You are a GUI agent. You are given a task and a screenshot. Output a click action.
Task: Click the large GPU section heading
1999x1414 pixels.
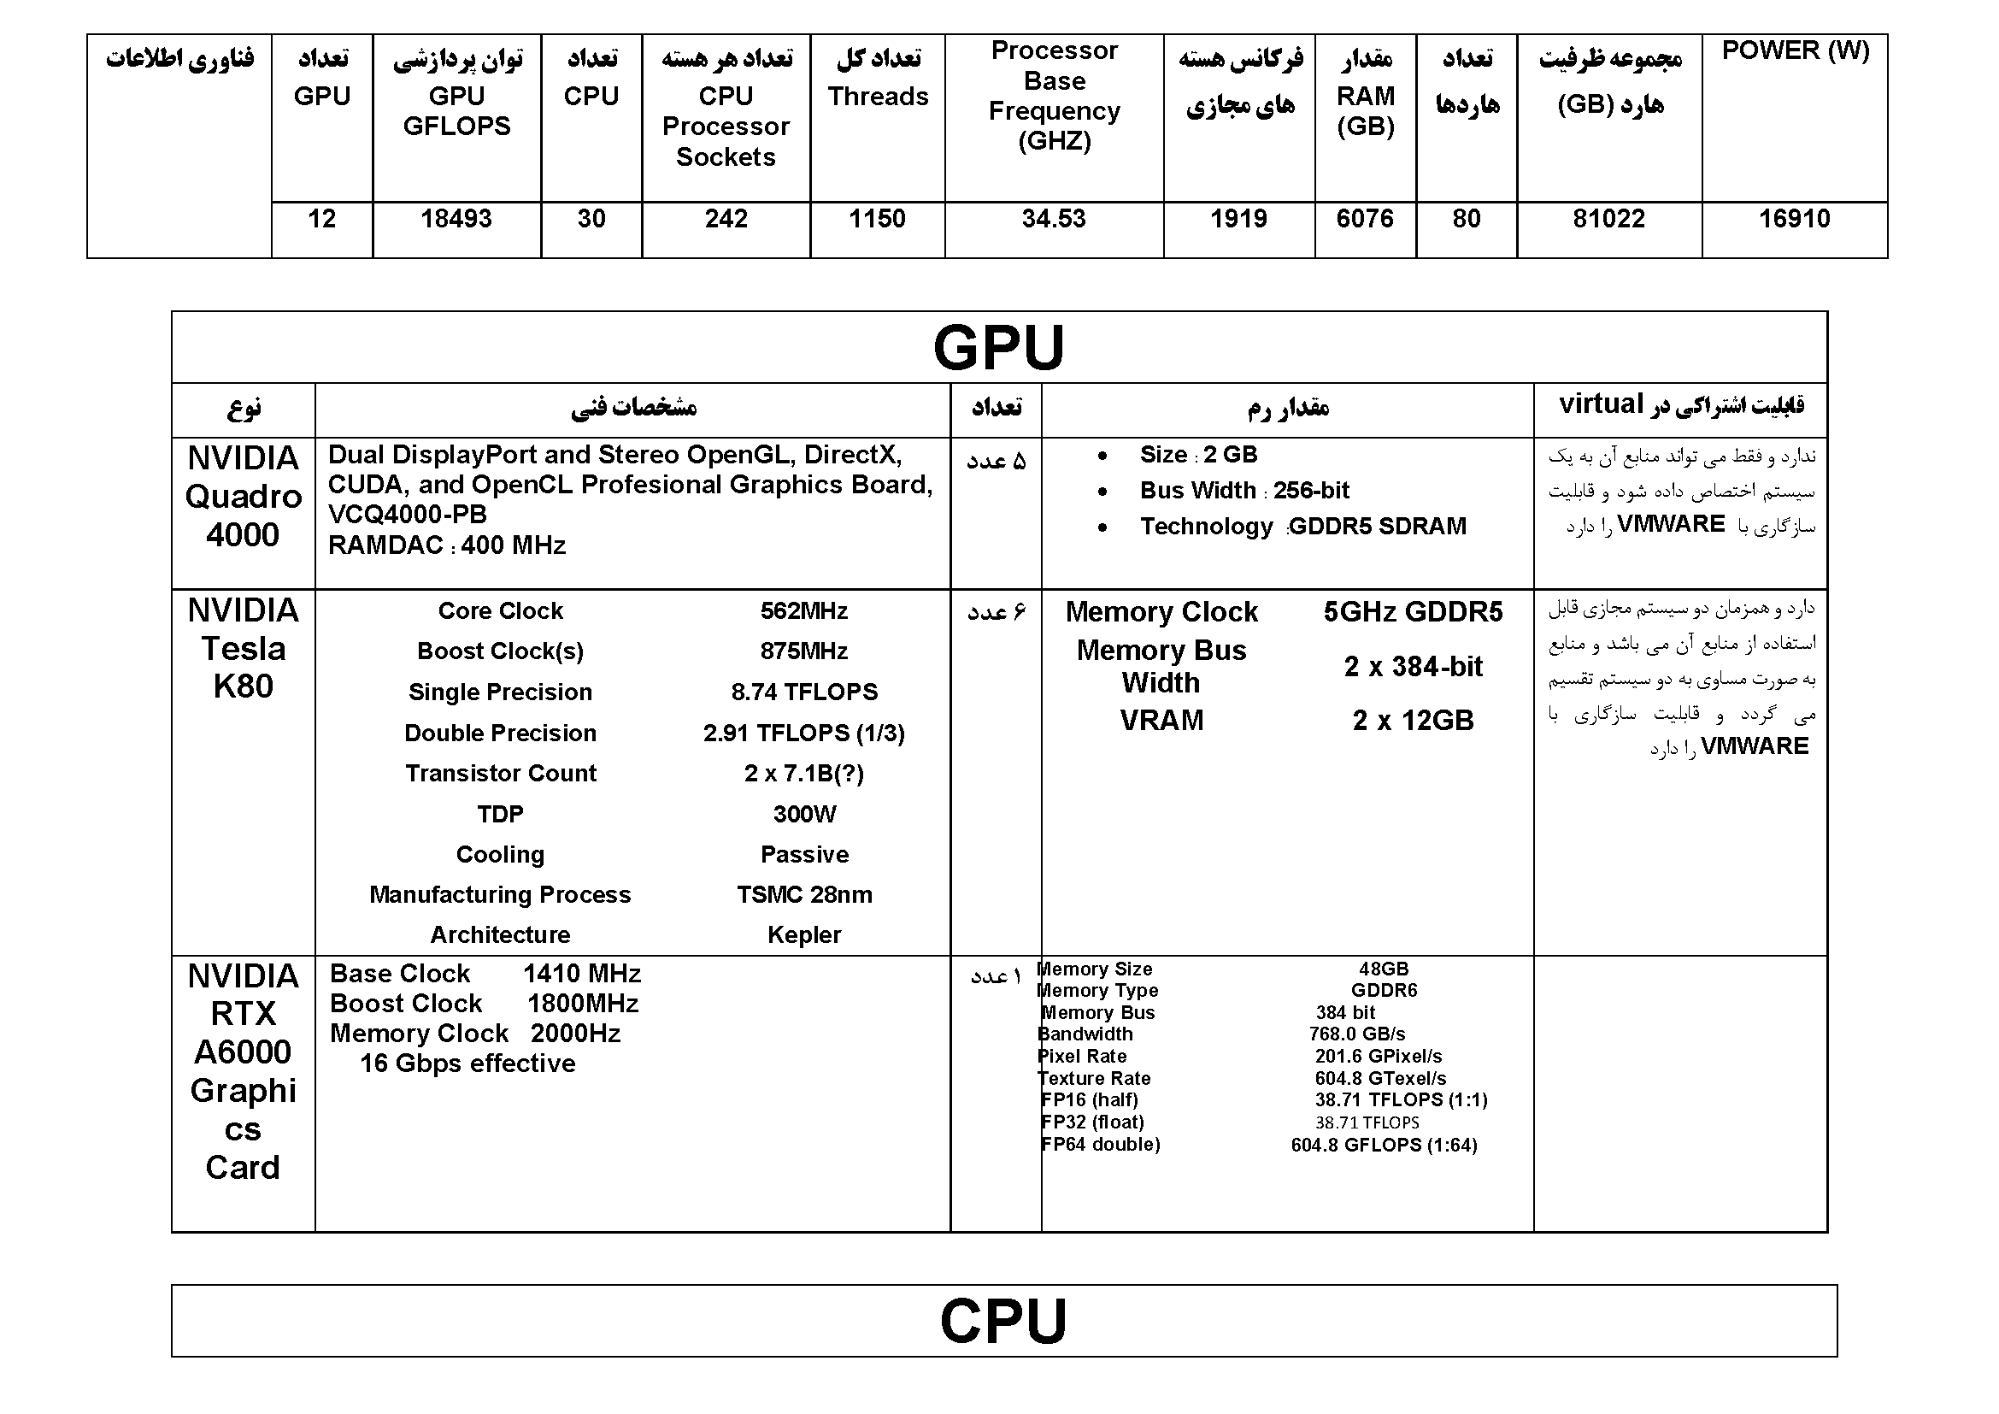pyautogui.click(x=998, y=347)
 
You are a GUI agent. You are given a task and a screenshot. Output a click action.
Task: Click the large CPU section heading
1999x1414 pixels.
pyautogui.click(x=1003, y=1321)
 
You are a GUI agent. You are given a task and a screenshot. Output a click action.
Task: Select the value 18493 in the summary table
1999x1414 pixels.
pyautogui.click(x=456, y=219)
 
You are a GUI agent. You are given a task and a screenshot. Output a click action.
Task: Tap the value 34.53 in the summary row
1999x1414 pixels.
pyautogui.click(x=1054, y=219)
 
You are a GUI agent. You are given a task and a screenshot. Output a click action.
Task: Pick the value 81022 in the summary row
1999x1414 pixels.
pyautogui.click(x=1609, y=219)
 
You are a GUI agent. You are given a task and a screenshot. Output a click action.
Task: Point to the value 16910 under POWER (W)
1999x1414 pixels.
pyautogui.click(x=1795, y=219)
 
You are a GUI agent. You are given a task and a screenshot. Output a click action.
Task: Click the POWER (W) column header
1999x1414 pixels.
pyautogui.click(x=1796, y=51)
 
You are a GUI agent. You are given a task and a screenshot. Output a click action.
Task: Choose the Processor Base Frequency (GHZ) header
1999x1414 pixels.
pyautogui.click(x=1055, y=96)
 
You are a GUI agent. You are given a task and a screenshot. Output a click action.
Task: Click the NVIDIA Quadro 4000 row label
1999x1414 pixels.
pyautogui.click(x=243, y=497)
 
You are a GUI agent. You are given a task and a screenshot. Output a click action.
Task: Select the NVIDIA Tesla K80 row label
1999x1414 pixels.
pyautogui.click(x=243, y=648)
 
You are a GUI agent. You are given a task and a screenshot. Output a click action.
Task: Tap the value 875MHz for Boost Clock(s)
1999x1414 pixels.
pyautogui.click(x=803, y=651)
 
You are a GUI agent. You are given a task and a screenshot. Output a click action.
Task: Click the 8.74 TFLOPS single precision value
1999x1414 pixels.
pyautogui.click(x=803, y=692)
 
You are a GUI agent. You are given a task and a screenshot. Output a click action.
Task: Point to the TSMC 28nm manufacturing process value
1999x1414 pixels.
pyautogui.click(x=803, y=895)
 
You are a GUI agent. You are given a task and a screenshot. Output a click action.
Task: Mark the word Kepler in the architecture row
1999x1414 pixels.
pyautogui.click(x=803, y=935)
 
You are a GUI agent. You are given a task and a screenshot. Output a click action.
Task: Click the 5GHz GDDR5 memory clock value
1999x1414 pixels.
pyautogui.click(x=1412, y=612)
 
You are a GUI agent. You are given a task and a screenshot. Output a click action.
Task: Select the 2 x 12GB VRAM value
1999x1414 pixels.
pyautogui.click(x=1412, y=721)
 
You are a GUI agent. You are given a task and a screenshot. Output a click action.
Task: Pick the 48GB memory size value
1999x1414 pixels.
pyautogui.click(x=1384, y=969)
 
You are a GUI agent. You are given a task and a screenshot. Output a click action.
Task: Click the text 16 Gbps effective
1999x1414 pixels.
pyautogui.click(x=467, y=1063)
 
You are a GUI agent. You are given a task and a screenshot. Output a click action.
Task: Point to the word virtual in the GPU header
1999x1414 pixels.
pyautogui.click(x=1600, y=404)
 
